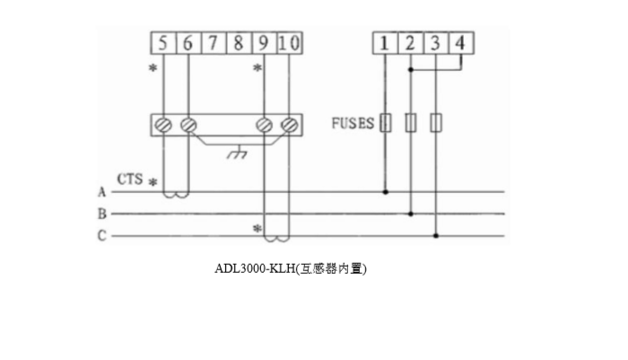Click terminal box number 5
pyautogui.click(x=163, y=43)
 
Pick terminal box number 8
pyautogui.click(x=238, y=43)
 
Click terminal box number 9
pyautogui.click(x=262, y=43)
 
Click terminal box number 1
pyautogui.click(x=385, y=43)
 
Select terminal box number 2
pyautogui.click(x=410, y=43)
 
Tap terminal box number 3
pyautogui.click(x=435, y=43)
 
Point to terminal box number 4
pyautogui.click(x=460, y=43)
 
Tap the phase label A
pyautogui.click(x=101, y=191)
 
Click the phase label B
pyautogui.click(x=101, y=214)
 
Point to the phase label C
pyautogui.click(x=101, y=236)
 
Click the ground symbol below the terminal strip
pyautogui.click(x=237, y=155)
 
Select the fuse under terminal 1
pyautogui.click(x=386, y=123)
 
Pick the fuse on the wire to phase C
pyautogui.click(x=436, y=123)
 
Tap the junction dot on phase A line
pyautogui.click(x=386, y=191)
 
